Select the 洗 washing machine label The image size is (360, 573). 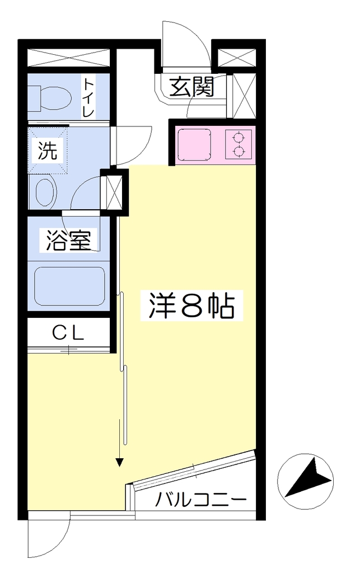click(x=48, y=150)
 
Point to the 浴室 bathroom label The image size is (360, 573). click(x=68, y=239)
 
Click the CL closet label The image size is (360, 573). click(x=68, y=332)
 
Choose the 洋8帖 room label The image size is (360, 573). click(x=191, y=306)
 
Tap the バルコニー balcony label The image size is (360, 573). click(x=200, y=499)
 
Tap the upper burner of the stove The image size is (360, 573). click(x=239, y=138)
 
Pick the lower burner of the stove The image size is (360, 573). click(x=239, y=150)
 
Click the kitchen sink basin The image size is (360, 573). click(x=194, y=145)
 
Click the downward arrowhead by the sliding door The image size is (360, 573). click(x=119, y=462)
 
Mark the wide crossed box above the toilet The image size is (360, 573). click(x=68, y=58)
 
